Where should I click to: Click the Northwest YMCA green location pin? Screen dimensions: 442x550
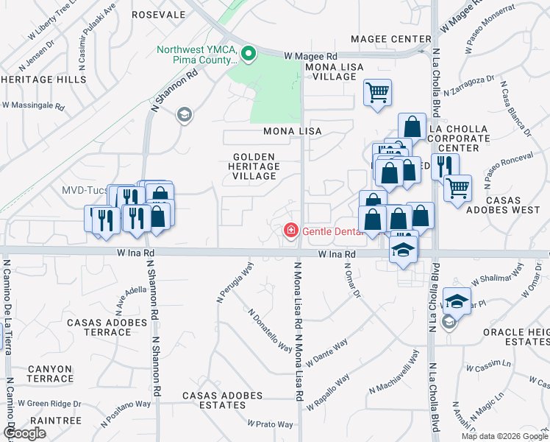click(249, 52)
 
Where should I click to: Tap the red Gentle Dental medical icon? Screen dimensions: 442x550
click(291, 231)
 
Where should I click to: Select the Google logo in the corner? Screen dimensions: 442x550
click(25, 433)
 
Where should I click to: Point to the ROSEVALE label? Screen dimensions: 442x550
click(158, 15)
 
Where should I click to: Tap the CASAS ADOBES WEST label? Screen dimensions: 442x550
click(510, 205)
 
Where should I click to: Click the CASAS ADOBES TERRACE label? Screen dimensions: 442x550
click(109, 327)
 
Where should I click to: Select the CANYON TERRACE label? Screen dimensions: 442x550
click(51, 373)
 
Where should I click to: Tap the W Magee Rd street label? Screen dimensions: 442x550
click(310, 56)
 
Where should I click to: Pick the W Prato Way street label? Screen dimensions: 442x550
click(271, 424)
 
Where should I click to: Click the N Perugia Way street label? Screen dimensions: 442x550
click(235, 281)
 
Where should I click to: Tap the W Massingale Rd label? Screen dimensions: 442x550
click(34, 106)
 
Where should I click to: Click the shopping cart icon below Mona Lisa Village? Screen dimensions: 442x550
click(377, 93)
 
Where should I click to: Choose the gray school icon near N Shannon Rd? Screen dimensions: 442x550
click(183, 114)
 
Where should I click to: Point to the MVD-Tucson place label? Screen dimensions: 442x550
click(84, 190)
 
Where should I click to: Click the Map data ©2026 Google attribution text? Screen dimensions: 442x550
click(504, 436)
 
